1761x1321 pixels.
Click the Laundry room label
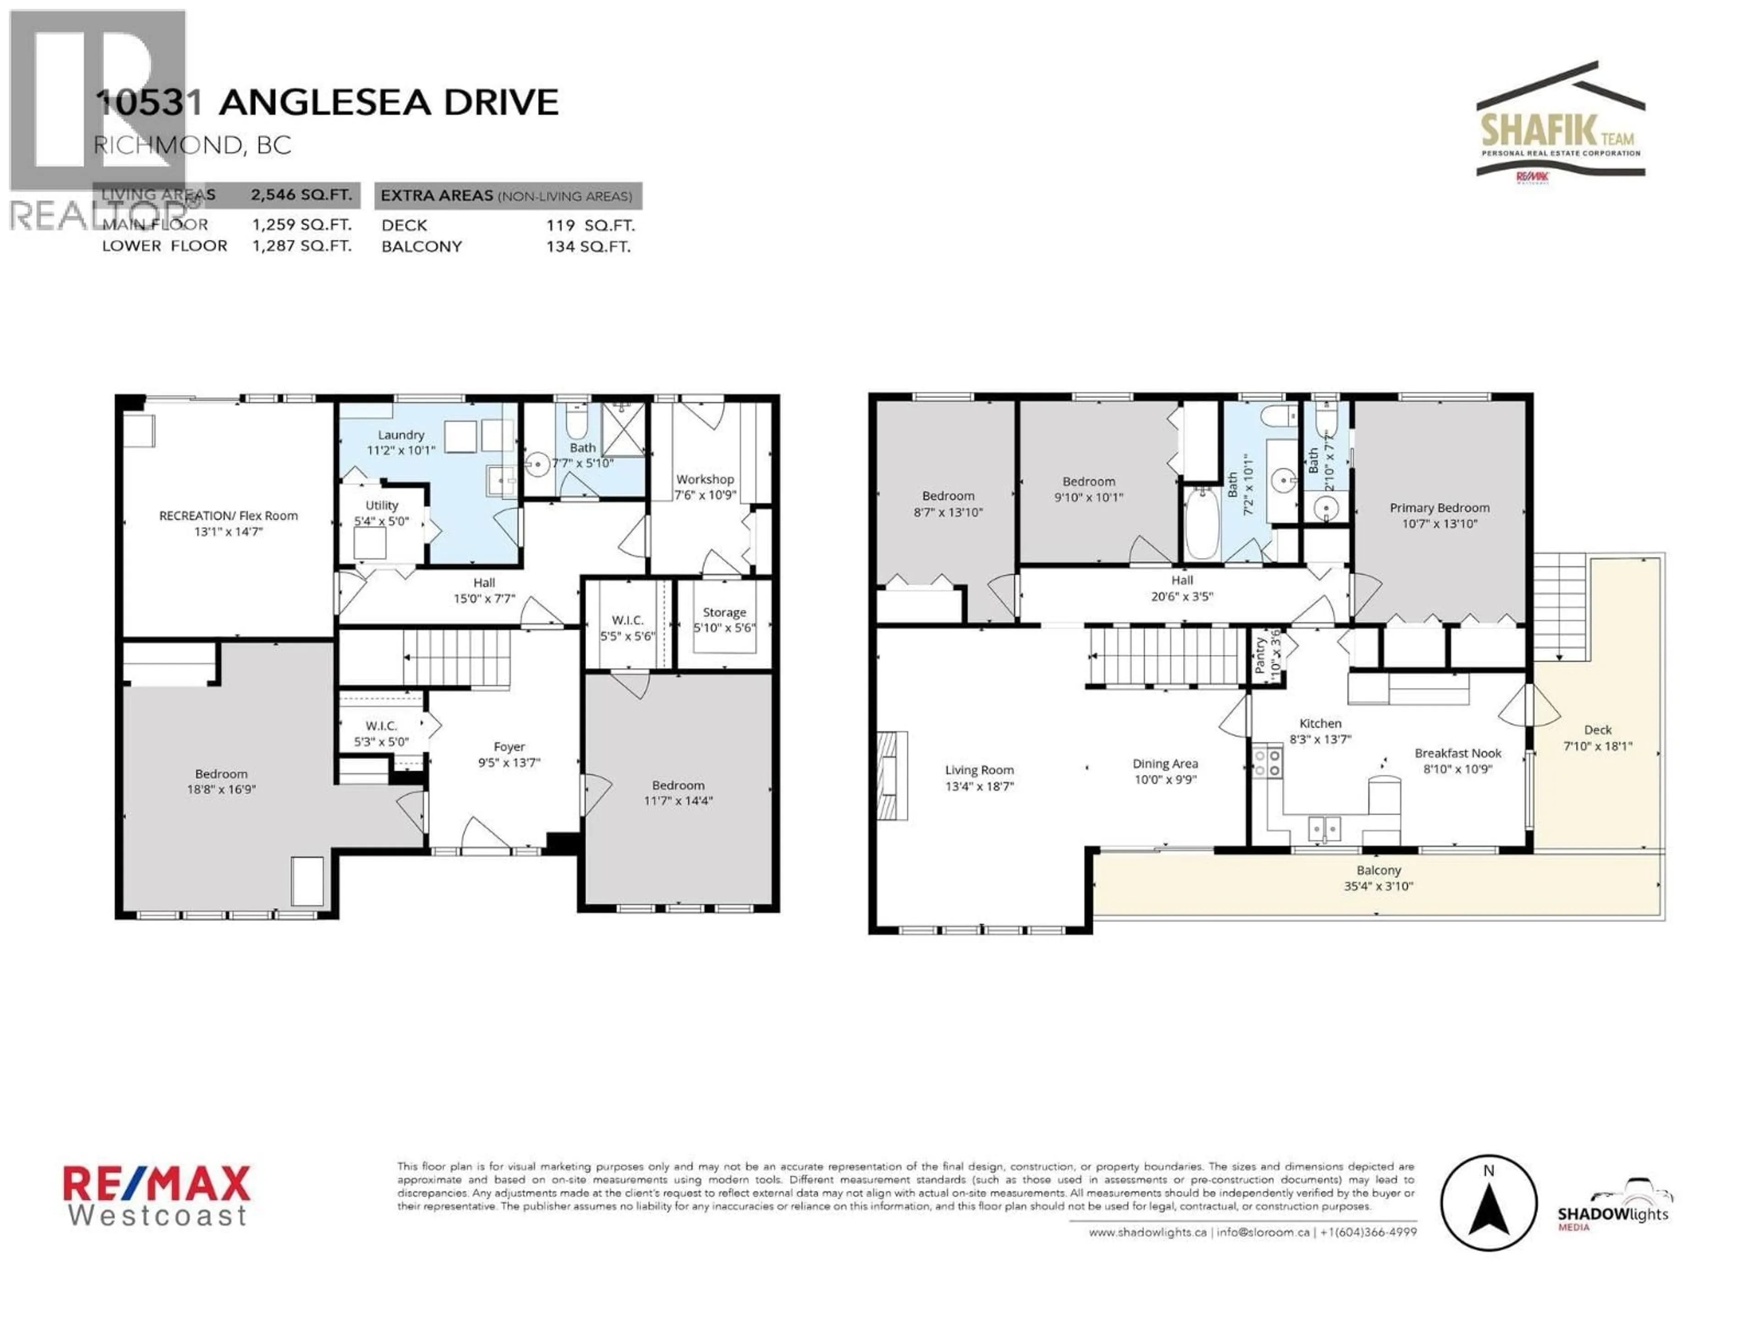click(400, 435)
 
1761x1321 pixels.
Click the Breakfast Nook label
click(1458, 753)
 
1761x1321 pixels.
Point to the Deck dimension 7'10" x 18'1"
click(1598, 746)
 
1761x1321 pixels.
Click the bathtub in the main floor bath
click(1201, 524)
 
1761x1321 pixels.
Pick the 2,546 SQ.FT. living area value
click(301, 195)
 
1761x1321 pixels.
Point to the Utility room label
click(382, 505)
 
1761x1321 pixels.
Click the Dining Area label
click(1165, 764)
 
